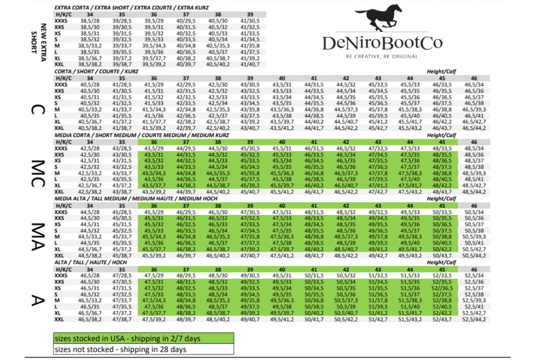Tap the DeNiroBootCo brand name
pos(382,43)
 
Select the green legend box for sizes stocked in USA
pos(143,339)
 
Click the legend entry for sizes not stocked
pos(143,349)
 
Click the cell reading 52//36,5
pos(442,288)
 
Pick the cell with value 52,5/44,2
pos(474,319)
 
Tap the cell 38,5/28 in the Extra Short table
pos(90,20)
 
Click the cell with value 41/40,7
pos(250,64)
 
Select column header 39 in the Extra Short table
pos(250,15)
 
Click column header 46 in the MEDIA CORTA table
pos(474,142)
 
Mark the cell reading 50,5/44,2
pos(474,255)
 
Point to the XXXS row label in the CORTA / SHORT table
pos(61,84)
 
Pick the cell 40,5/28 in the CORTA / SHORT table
pos(90,84)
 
